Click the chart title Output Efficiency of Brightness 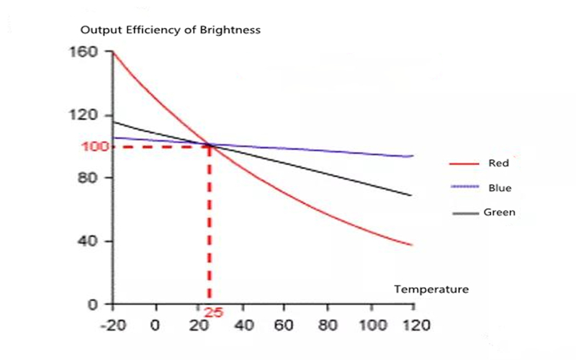click(x=170, y=30)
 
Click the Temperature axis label click(x=431, y=289)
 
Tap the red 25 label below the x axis click(x=213, y=312)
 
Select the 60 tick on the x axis click(x=286, y=325)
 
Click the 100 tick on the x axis click(x=372, y=325)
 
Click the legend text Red click(x=498, y=163)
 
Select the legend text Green click(x=499, y=212)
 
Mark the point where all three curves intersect click(x=210, y=145)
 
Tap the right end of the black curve click(x=411, y=195)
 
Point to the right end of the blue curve click(x=413, y=156)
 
